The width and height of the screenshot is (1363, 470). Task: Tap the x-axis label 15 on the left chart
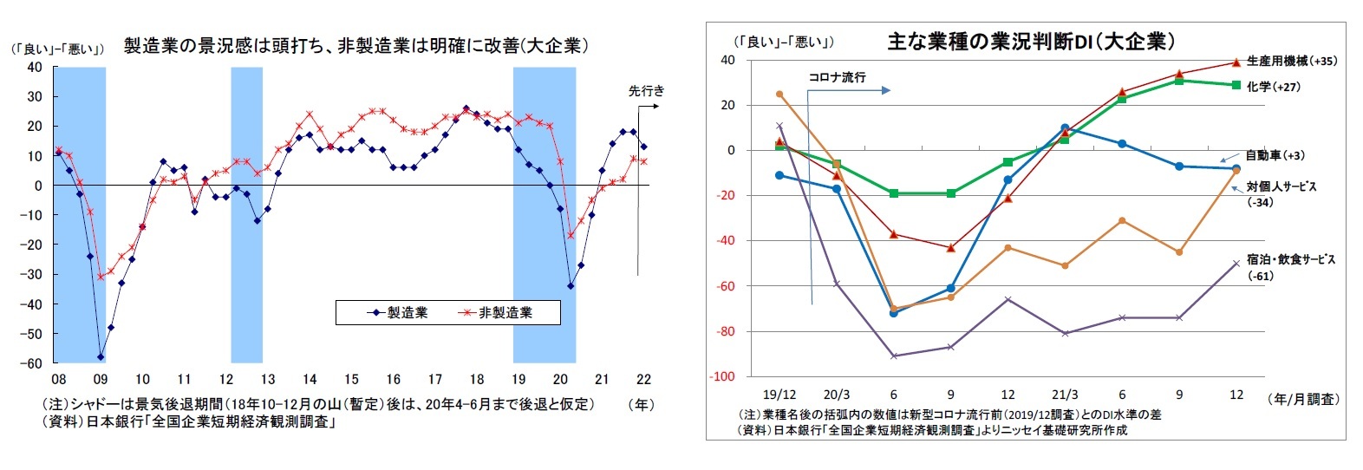350,379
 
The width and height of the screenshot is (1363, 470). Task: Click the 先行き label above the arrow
646,91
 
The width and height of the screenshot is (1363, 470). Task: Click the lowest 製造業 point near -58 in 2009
101,356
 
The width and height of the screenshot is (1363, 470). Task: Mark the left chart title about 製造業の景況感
355,46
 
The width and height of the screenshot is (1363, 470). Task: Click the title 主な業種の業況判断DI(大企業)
1031,42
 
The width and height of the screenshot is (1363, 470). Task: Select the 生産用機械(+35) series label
1291,62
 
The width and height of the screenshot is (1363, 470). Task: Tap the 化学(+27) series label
1273,87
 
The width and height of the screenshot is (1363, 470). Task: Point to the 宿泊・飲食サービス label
1291,259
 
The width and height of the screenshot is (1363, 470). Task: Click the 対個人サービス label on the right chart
1281,186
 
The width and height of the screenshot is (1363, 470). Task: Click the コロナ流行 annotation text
837,77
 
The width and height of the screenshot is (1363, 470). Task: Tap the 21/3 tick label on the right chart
1065,395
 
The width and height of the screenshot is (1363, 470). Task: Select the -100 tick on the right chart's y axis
722,377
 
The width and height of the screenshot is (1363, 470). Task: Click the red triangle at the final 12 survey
1236,62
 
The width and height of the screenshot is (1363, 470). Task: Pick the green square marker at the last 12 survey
1236,85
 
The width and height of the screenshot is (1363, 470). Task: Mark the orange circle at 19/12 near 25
779,94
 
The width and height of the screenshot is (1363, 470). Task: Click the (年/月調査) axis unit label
1302,400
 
